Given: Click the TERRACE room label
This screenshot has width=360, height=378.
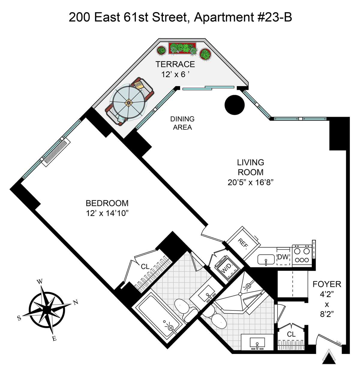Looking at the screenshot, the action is coord(175,64).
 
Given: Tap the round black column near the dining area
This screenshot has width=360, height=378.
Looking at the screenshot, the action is coord(235,105).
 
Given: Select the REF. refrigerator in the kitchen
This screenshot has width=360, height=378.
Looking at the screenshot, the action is coord(243,243).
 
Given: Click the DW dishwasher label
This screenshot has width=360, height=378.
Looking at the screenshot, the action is coord(283,257).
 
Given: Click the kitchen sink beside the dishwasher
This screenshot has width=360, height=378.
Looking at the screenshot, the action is coord(266,259).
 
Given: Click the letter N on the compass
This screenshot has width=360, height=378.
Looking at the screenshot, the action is coord(76,302).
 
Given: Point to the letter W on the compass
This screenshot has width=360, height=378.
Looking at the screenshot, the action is coord(40,282).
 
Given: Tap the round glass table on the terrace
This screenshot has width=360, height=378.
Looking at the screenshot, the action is coord(129,103).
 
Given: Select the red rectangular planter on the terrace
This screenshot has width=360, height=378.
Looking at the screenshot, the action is coord(182,48).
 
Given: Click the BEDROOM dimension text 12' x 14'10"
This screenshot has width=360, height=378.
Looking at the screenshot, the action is coord(107,213).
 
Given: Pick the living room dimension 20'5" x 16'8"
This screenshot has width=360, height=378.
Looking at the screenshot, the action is coord(250,182).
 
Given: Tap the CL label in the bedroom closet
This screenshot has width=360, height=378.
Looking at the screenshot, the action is coord(145,266).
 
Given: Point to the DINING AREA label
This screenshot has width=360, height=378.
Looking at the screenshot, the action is coord(182,123).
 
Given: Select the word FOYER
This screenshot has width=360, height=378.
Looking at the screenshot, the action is coord(327,284).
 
